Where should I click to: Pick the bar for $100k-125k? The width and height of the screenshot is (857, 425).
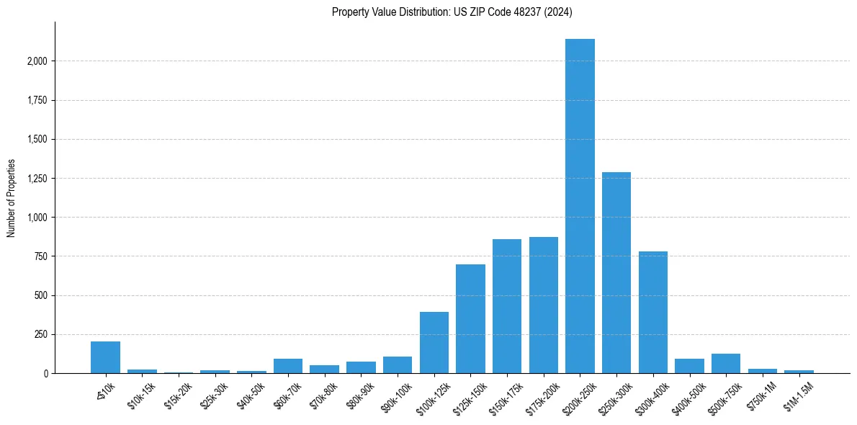click(x=434, y=343)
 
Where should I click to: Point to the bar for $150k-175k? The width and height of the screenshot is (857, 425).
click(x=507, y=306)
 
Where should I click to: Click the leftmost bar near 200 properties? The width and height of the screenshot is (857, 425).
click(x=105, y=357)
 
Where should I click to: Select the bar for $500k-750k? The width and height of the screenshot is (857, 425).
click(x=726, y=364)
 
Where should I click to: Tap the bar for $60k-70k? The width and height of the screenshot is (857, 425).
click(x=288, y=366)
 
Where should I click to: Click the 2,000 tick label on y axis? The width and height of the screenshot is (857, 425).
click(x=36, y=61)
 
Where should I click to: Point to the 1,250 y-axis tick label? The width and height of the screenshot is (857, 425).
click(x=36, y=179)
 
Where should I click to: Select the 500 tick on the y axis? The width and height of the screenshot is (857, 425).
click(x=40, y=296)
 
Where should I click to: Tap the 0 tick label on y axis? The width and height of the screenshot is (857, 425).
click(x=45, y=374)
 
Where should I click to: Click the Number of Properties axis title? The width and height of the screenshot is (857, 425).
click(x=12, y=198)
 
